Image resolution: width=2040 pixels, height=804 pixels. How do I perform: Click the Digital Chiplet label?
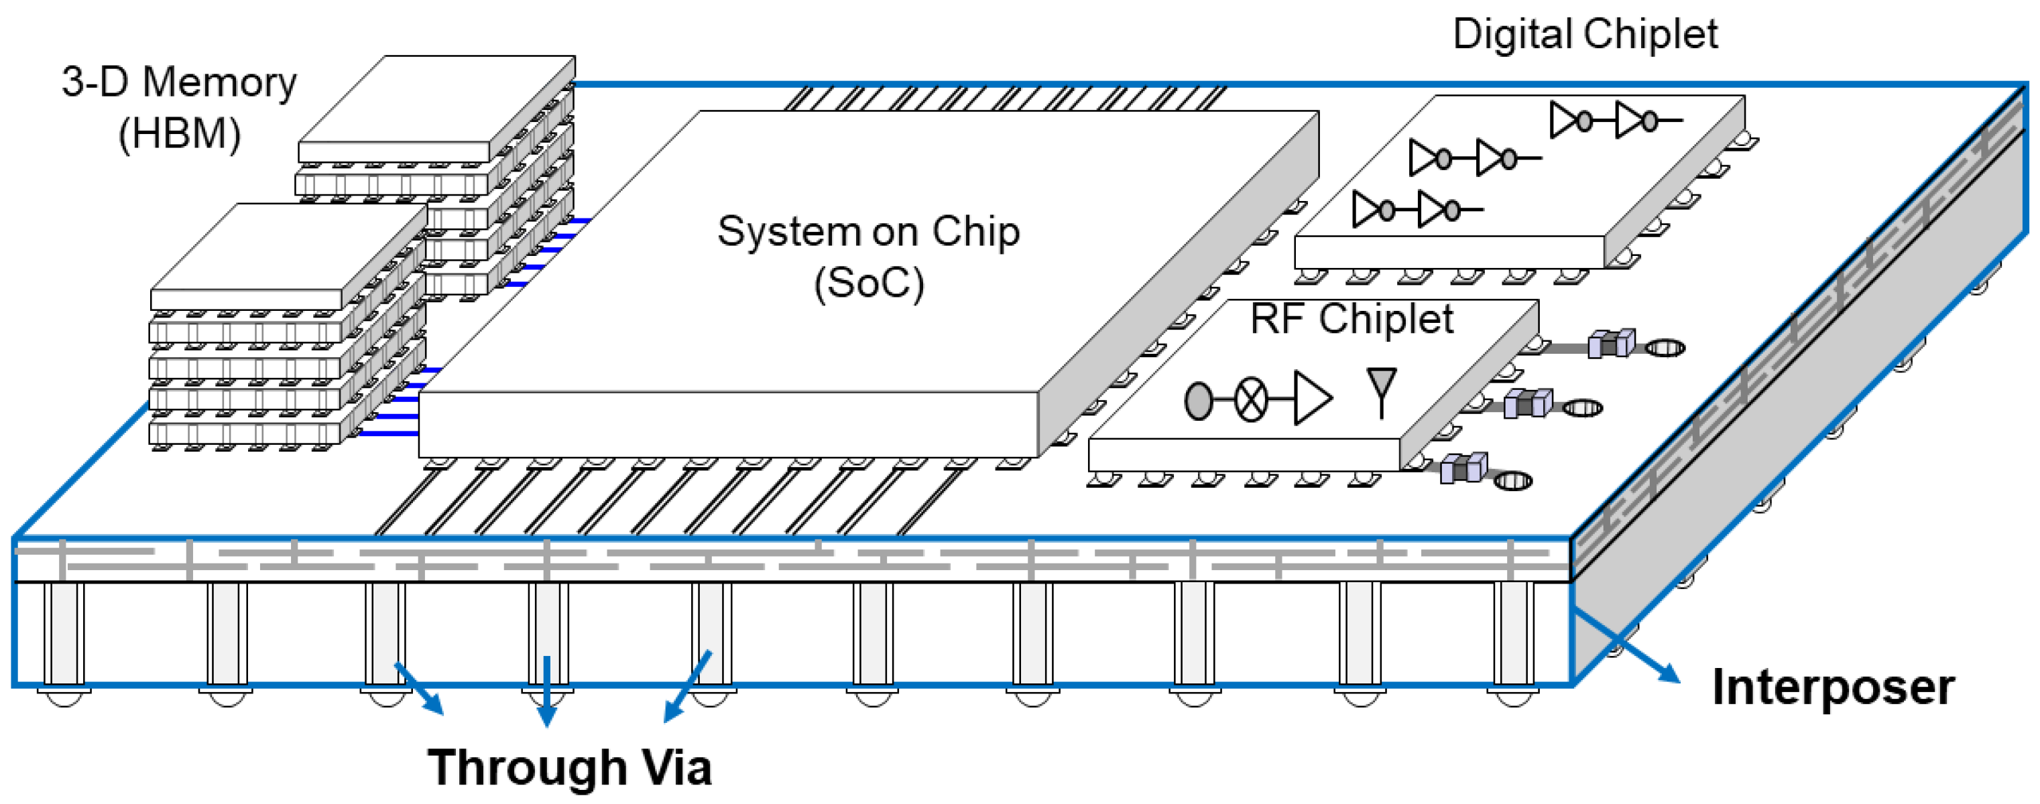[x=1585, y=35]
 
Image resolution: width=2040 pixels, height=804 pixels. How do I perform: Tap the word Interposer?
[x=1833, y=687]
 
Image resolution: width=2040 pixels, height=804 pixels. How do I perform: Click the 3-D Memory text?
[x=179, y=82]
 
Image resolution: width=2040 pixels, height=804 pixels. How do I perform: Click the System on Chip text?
[x=868, y=232]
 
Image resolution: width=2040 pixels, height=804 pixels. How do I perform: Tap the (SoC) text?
[x=869, y=283]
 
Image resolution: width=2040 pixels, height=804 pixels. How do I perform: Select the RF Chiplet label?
[x=1351, y=319]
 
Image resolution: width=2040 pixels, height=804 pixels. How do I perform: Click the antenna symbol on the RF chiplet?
[x=1381, y=391]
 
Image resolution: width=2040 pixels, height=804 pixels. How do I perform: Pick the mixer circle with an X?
[x=1251, y=401]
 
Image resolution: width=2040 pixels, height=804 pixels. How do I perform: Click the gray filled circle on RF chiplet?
[x=1198, y=401]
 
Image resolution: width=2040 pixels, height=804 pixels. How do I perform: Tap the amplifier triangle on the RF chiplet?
[x=1312, y=397]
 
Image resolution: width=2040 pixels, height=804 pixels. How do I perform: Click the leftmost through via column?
[x=64, y=633]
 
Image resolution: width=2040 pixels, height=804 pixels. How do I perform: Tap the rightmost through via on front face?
[x=1513, y=633]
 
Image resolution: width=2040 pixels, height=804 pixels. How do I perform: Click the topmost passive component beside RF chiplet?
[x=1612, y=344]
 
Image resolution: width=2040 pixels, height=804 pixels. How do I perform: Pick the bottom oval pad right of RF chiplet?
[x=1512, y=480]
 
